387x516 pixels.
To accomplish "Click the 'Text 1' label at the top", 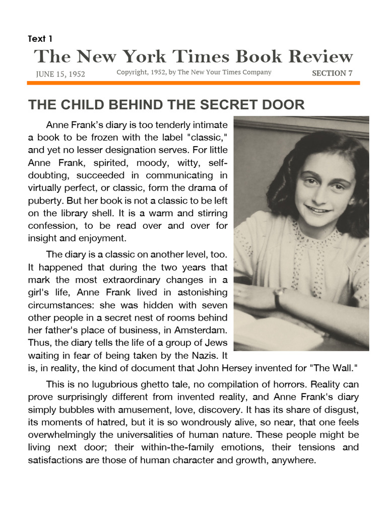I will (40, 39).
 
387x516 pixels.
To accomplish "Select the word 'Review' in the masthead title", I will (316, 56).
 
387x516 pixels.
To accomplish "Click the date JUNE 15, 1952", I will (60, 74).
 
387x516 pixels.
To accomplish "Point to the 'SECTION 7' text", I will (332, 73).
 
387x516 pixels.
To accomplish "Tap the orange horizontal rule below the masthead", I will (193, 83).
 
